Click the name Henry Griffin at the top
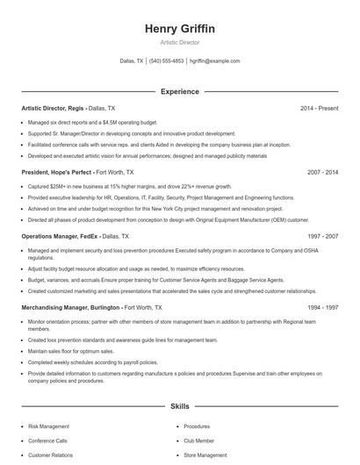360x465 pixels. [x=179, y=29]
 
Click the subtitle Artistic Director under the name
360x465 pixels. [x=179, y=42]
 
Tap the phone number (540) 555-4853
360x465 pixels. [x=167, y=61]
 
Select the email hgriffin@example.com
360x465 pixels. [x=215, y=61]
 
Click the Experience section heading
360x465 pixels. [x=179, y=91]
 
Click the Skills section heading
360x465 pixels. [x=179, y=407]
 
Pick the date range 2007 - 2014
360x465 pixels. [x=322, y=173]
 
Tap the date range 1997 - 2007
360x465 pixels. [x=322, y=237]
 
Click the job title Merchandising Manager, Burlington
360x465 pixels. [x=70, y=309]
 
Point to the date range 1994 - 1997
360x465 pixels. [x=322, y=309]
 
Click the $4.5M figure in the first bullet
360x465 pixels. [x=109, y=123]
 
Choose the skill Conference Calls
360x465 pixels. [x=47, y=440]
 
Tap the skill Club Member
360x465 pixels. [x=198, y=440]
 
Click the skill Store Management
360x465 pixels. [x=205, y=455]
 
